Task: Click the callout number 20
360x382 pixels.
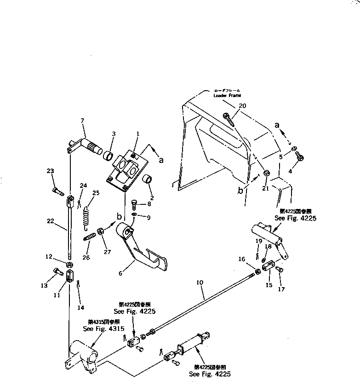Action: (242, 106)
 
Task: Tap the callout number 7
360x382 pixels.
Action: (82, 121)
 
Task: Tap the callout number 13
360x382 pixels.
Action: (44, 285)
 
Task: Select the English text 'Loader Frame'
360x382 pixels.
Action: (227, 95)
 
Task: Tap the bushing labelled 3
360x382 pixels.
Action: (108, 155)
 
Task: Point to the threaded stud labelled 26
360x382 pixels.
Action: (90, 237)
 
